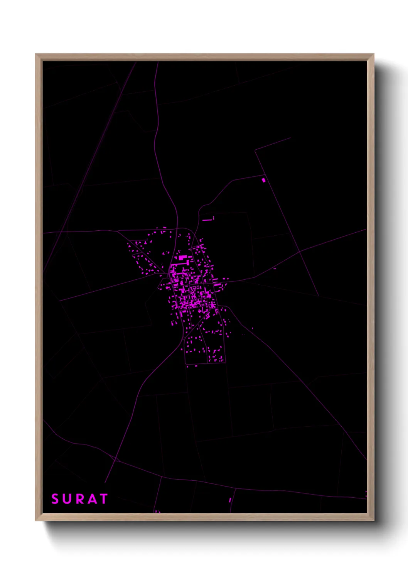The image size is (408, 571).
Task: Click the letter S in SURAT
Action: (55, 499)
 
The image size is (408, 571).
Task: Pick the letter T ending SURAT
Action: (103, 499)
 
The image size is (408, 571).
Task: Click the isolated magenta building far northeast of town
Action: (264, 180)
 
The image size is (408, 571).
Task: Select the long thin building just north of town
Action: (207, 220)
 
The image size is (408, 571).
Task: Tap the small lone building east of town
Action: (275, 269)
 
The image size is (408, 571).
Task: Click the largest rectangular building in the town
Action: (182, 257)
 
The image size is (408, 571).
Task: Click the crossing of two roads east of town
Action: (300, 251)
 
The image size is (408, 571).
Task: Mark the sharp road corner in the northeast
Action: (255, 150)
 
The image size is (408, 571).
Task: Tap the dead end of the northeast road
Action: (290, 138)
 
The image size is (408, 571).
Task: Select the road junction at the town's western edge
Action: (169, 275)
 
